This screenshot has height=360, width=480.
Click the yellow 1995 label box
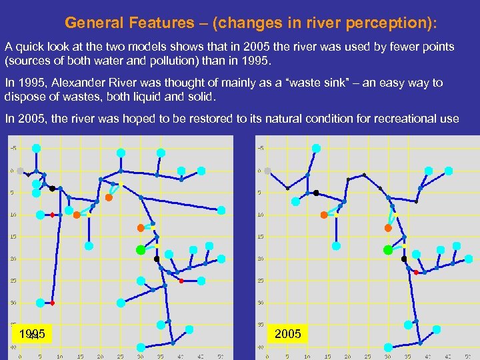(32, 333)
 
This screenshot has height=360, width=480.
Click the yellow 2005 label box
(287, 333)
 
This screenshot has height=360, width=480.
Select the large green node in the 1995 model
(141, 250)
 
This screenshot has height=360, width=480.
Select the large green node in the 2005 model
(388, 250)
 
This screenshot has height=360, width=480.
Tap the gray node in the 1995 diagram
(20, 171)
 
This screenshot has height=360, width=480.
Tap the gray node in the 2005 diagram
(268, 171)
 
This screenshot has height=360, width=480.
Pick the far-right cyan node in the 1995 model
(221, 210)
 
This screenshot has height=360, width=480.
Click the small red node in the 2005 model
(415, 273)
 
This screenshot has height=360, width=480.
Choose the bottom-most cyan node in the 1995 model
(141, 347)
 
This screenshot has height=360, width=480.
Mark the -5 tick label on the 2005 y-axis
(260, 148)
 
